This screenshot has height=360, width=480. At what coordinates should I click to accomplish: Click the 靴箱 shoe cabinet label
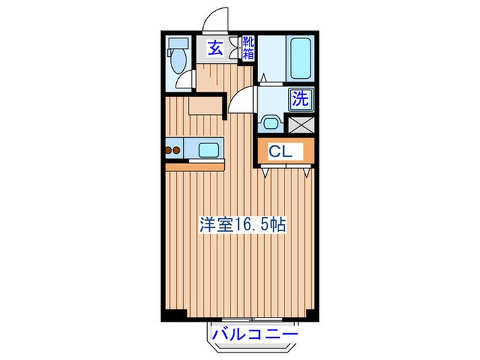tap(248, 48)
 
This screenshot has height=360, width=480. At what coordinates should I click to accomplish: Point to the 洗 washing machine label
tap(300, 98)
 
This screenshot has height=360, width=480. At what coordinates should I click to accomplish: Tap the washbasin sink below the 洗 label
tap(271, 124)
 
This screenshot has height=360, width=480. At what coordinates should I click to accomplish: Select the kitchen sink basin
tap(208, 149)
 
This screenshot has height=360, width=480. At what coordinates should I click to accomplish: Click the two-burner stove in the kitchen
tap(173, 149)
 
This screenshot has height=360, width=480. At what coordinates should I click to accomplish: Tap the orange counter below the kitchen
tap(195, 166)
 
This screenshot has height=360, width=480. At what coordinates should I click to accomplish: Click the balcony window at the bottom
tap(253, 320)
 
